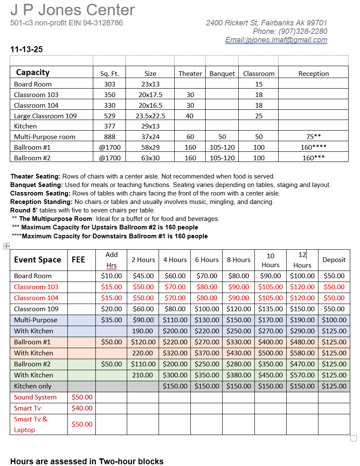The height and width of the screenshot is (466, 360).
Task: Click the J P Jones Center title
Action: [x=73, y=10]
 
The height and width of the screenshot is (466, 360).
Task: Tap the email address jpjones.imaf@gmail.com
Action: [x=276, y=40]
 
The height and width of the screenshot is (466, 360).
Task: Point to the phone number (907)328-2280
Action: [x=303, y=31]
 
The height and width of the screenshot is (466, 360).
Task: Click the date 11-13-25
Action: [x=26, y=50]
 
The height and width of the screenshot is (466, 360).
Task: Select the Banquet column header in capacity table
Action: [x=222, y=73]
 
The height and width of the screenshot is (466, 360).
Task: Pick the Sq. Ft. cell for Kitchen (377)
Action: [x=109, y=126]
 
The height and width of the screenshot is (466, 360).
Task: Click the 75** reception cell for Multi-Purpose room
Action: [x=313, y=137]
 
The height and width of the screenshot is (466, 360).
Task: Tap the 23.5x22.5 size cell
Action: [x=150, y=116]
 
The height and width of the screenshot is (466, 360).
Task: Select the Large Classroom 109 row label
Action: [x=45, y=116]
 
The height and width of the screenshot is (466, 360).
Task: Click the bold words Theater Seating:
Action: [x=36, y=176]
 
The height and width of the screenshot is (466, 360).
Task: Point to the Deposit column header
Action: [x=334, y=260]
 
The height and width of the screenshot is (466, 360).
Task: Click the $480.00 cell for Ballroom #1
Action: [x=302, y=342]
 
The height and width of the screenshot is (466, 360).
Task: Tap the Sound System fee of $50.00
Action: [x=82, y=397]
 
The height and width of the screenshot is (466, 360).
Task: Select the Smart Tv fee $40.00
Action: [x=82, y=408]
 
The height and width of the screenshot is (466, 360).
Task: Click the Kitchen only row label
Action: [x=33, y=386]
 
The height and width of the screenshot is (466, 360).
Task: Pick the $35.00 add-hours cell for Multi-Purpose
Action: [x=112, y=320]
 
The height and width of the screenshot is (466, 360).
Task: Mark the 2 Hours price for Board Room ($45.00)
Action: [x=143, y=276]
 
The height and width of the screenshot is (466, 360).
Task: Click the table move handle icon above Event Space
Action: [x=6, y=246]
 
